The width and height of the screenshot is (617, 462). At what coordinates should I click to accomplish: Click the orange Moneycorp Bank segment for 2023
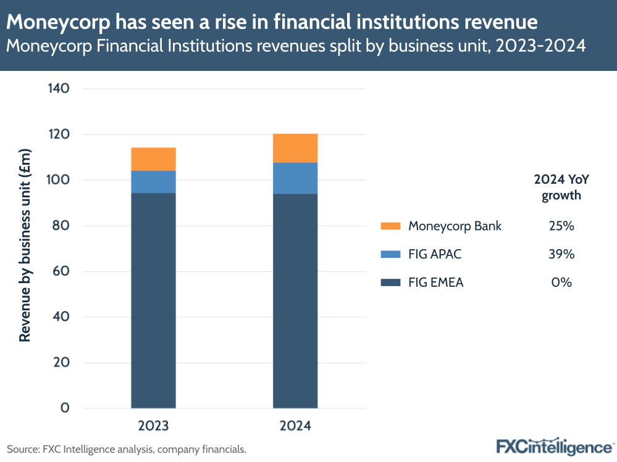pos(153,159)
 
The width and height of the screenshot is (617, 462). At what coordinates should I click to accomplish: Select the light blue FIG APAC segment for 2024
pos(295,178)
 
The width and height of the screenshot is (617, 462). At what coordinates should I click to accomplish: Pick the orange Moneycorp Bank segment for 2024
pos(295,148)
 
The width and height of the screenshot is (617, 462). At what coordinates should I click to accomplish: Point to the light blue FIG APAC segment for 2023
pos(153,182)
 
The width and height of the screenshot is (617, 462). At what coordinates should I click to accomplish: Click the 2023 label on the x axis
pos(153,426)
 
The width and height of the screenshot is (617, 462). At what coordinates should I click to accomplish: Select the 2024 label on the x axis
pos(295,426)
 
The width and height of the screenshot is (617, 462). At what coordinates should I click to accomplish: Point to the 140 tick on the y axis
pos(58,89)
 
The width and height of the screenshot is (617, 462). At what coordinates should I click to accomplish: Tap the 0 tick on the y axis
pos(65,408)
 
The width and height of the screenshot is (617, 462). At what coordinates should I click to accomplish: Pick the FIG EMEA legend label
pos(435,283)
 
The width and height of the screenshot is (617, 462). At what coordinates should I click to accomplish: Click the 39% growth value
pos(561,254)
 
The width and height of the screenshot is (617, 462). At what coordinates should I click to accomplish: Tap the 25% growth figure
pos(561,226)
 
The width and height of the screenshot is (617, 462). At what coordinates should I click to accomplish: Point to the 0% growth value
pos(561,283)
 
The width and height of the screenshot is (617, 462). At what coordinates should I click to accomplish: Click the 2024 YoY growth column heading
pos(561,188)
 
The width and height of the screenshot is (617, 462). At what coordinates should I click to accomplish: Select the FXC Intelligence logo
pos(554,447)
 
